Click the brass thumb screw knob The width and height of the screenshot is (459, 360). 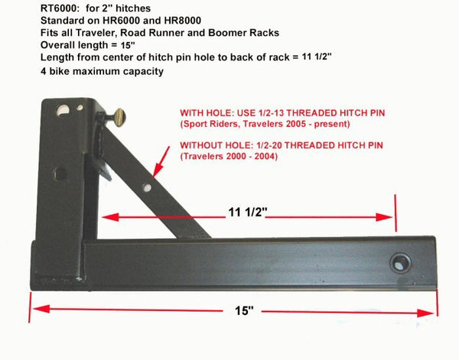click(120, 118)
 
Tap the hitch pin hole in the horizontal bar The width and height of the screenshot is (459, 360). click(400, 263)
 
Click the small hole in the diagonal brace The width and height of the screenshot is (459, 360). click(147, 187)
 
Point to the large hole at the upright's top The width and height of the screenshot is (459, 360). click(63, 110)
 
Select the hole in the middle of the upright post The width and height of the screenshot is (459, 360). click(60, 174)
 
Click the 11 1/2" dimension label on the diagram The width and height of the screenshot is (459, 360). click(248, 212)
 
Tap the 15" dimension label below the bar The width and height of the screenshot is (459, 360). click(244, 310)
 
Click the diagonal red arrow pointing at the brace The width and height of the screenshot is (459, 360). click(161, 162)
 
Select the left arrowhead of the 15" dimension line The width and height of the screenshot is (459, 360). click(41, 309)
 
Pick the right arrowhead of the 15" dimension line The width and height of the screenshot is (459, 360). click(425, 313)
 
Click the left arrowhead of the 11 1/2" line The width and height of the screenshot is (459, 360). click(110, 217)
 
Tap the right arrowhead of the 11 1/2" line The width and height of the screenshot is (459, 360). click(384, 217)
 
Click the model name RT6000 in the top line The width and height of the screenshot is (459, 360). click(58, 8)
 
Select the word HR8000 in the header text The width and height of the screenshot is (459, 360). click(183, 21)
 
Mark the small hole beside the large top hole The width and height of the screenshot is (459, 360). click(80, 107)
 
